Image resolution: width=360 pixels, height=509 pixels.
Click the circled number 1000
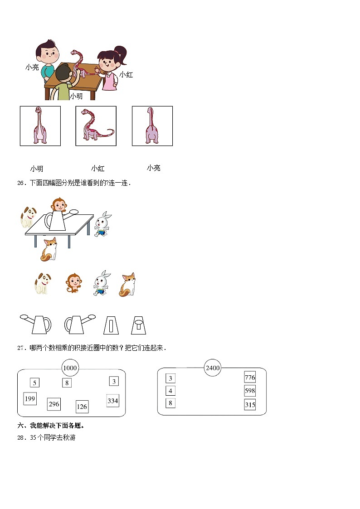(x=70, y=368)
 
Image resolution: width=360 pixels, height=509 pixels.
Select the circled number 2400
(x=213, y=368)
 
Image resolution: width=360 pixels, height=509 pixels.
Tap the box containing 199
(x=30, y=399)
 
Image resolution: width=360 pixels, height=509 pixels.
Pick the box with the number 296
(x=54, y=404)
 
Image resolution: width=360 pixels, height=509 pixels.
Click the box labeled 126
(x=82, y=407)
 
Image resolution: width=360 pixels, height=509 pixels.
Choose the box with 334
(x=112, y=401)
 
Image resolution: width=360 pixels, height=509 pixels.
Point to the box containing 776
(x=250, y=378)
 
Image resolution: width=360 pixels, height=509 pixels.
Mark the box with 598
(x=250, y=391)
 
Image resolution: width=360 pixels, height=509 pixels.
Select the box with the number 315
(x=250, y=405)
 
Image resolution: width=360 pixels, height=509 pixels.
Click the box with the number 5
(x=34, y=383)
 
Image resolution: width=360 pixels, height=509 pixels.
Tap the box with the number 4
(x=170, y=391)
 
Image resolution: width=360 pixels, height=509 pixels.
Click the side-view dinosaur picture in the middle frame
(x=96, y=126)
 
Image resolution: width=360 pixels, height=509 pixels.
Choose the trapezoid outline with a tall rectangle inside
(x=112, y=325)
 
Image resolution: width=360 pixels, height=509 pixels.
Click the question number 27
(x=20, y=348)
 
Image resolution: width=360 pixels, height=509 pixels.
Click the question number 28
(x=20, y=438)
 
